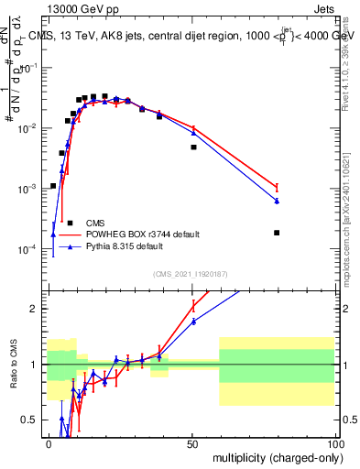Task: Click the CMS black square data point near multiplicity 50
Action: coord(193,147)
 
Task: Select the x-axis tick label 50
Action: coord(192,442)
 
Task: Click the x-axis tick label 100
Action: coord(334,442)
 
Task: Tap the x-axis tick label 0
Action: coord(49,442)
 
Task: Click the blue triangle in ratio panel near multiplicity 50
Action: coord(193,321)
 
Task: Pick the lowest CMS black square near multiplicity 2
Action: coord(53,186)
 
